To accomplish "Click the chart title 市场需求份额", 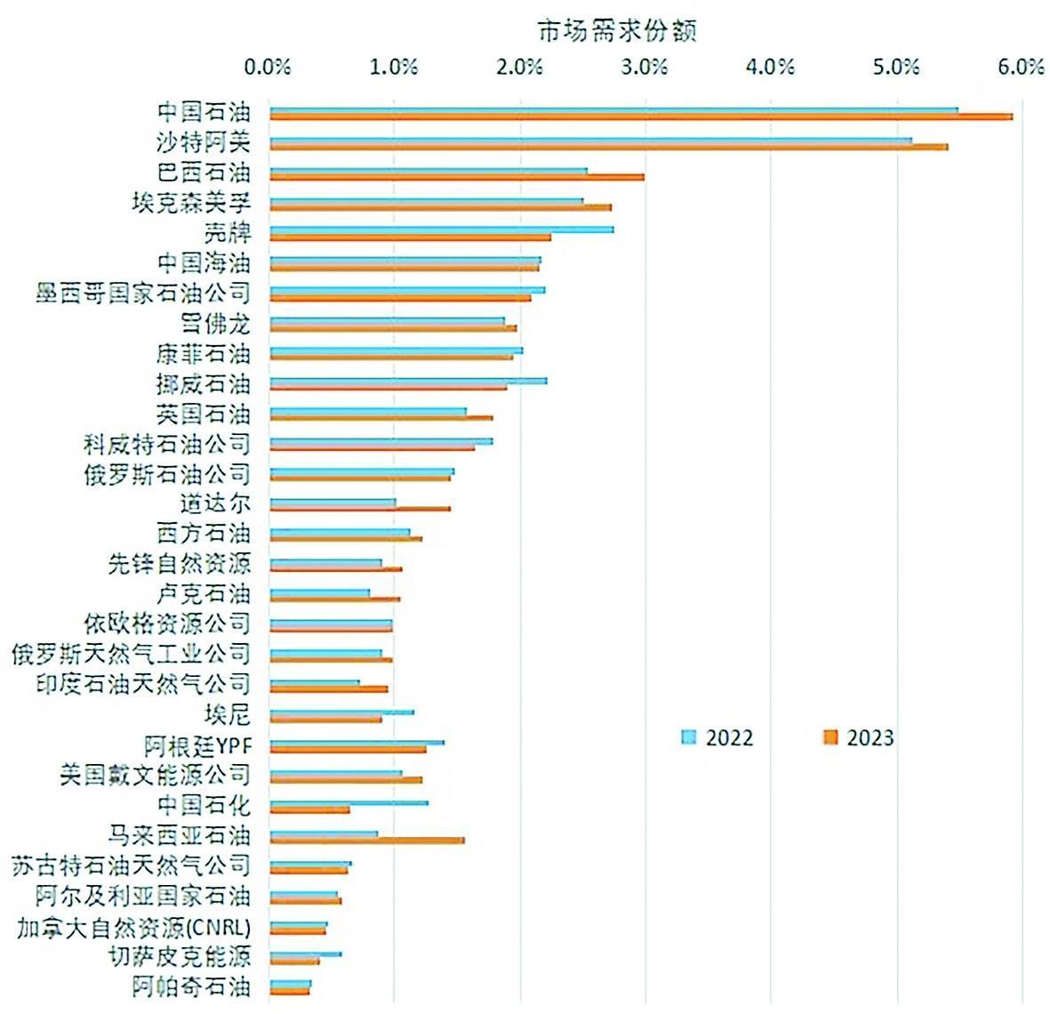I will (617, 30).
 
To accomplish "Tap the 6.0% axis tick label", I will (1022, 68).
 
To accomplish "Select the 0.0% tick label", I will (268, 68).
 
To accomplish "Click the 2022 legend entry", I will (717, 737).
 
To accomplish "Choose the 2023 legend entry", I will (858, 737).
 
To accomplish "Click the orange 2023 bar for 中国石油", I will (640, 117).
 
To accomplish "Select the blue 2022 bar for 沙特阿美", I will (590, 140).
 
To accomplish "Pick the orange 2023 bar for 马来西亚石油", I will (366, 840).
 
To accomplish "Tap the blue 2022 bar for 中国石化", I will (349, 802).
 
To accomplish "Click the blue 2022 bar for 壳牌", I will (441, 229).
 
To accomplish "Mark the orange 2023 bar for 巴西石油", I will (456, 177).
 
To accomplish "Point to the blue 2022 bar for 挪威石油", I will (408, 380).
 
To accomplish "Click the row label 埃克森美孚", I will (191, 203).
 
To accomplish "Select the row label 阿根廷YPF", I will (197, 745).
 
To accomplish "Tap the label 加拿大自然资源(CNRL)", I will (133, 927).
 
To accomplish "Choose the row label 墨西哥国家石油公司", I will (143, 294).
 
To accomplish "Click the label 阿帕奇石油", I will (191, 986).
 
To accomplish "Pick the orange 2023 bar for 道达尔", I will (359, 509).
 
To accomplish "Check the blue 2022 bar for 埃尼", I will (341, 712).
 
